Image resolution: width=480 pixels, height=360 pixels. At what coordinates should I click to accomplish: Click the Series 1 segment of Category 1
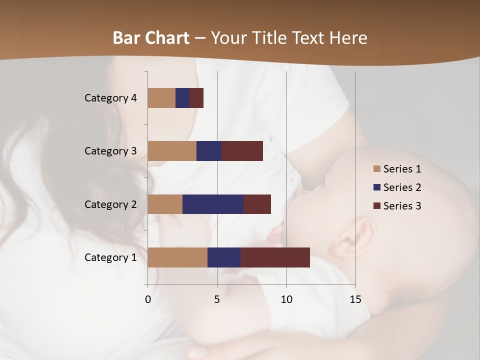point(177,257)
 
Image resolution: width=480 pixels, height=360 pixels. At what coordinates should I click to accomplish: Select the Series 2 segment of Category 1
point(224,257)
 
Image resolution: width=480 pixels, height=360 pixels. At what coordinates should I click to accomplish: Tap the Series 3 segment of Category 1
point(275,257)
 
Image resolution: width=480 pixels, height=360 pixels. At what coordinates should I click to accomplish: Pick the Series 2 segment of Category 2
point(213,204)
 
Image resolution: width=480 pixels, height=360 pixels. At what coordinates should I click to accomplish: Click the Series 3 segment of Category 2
point(257,204)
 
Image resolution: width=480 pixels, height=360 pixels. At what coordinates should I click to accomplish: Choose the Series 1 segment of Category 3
point(172,151)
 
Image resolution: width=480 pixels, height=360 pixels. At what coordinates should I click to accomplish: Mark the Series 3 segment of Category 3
point(242,151)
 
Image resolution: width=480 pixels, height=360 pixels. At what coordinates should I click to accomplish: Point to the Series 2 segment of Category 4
point(182,98)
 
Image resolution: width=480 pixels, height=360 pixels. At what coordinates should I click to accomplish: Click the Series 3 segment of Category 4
point(196,98)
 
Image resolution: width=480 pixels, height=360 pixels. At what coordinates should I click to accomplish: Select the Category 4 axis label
point(110,98)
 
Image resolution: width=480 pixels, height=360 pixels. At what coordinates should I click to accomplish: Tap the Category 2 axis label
point(110,204)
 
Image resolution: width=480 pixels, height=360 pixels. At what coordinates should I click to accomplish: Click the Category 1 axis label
point(110,257)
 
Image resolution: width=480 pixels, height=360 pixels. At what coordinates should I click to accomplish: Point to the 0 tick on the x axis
point(148,299)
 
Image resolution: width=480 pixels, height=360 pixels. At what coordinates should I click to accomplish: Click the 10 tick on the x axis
point(286,299)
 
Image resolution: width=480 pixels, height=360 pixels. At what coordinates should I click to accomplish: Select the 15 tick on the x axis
point(355,299)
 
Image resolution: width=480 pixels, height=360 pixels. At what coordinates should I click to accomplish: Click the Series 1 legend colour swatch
point(377,169)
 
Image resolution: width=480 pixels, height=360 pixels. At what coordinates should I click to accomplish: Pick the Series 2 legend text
point(402,187)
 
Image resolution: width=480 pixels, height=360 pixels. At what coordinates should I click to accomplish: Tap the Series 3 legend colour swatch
point(377,206)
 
